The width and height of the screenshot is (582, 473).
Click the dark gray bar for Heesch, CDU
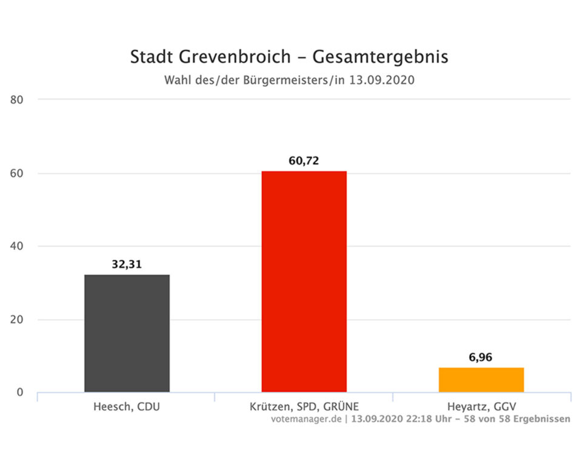[127, 333]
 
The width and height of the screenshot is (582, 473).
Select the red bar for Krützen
[304, 281]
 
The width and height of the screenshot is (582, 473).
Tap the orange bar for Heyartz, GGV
[481, 380]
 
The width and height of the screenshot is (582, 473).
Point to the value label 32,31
[127, 264]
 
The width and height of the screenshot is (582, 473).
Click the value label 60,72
[304, 161]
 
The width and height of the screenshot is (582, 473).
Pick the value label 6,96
[481, 357]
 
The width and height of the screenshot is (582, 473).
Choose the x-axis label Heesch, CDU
[127, 406]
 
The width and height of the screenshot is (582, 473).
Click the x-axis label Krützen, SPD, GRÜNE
[304, 406]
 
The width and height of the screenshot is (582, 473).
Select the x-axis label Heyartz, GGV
[481, 406]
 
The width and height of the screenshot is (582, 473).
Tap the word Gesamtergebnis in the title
[380, 58]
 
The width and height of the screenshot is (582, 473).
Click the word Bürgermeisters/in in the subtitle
[284, 80]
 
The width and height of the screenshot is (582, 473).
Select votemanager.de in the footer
[306, 419]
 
